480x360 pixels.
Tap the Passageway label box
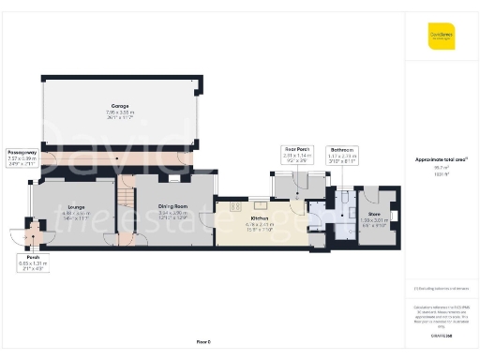22,156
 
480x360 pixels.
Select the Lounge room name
76,208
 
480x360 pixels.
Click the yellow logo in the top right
442,37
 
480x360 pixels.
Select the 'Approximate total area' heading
441,160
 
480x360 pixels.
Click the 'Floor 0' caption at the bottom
202,341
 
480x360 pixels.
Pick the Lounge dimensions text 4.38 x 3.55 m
76,214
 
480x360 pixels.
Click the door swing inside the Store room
369,200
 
